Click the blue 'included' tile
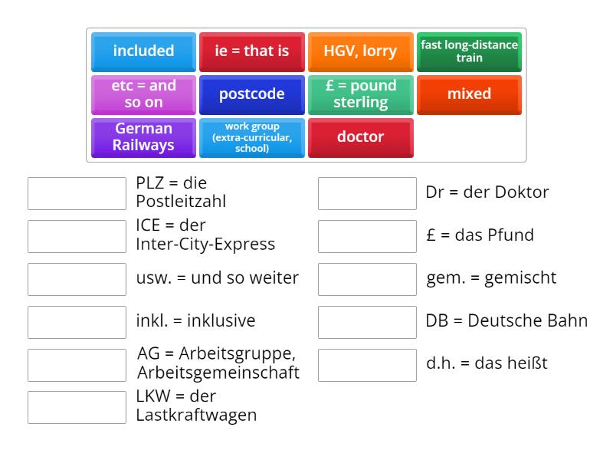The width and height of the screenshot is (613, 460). click(143, 51)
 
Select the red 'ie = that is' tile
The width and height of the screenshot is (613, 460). click(252, 51)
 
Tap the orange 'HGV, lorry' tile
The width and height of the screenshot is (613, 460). click(360, 51)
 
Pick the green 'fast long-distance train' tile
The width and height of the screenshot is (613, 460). click(469, 51)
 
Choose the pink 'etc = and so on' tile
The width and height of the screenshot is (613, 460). click(143, 94)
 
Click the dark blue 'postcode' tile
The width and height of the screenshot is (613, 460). click(252, 94)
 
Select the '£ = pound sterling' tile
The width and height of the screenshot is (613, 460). click(360, 94)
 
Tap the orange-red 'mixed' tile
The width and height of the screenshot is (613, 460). click(469, 94)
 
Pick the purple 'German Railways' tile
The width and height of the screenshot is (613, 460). click(143, 137)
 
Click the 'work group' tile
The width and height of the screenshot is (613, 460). click(252, 137)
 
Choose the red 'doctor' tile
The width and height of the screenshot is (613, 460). click(360, 137)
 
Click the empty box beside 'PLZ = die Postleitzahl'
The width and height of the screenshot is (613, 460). click(77, 193)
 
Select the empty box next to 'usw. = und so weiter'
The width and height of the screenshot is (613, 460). click(77, 279)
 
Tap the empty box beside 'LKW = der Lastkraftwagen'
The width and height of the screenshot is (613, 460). click(77, 407)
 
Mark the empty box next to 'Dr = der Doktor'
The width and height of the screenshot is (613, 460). click(367, 193)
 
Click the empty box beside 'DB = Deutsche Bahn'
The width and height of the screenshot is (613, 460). click(367, 322)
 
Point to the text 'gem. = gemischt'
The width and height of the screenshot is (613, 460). click(491, 278)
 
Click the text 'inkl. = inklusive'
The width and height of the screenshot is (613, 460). click(195, 321)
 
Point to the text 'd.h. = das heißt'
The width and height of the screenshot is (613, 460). click(487, 363)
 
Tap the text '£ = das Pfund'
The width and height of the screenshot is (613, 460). click(480, 235)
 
